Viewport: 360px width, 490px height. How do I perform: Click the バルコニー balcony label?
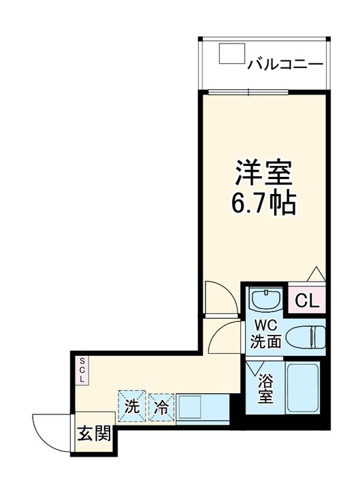284,65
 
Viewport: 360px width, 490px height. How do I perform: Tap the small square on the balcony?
231,54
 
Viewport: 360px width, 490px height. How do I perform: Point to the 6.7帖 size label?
264,203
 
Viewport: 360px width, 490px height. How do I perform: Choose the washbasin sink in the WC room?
265,299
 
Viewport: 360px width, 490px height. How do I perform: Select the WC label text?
265,325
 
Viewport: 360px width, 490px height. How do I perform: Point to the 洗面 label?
265,342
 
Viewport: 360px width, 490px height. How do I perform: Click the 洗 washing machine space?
131,406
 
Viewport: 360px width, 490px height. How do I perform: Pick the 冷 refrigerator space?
161,407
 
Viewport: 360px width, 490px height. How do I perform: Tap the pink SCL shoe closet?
80,370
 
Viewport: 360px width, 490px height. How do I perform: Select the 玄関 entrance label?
94,434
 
